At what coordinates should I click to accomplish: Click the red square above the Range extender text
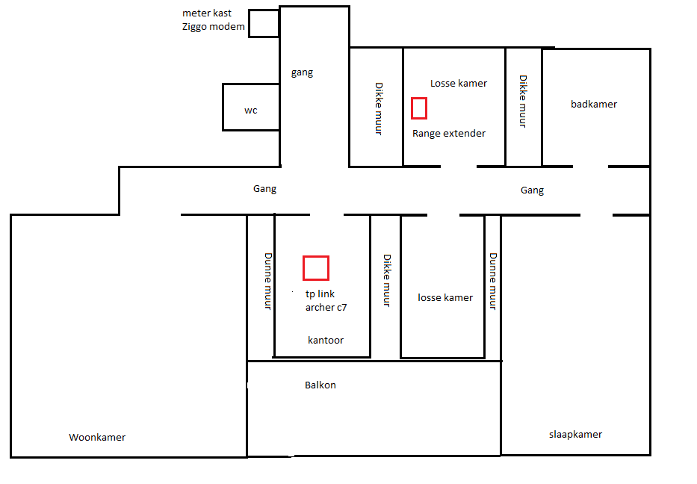click(419, 99)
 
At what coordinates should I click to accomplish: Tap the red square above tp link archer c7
click(316, 256)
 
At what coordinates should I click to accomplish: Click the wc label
click(251, 111)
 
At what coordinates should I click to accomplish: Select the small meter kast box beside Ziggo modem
click(264, 10)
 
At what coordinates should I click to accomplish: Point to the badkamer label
click(594, 104)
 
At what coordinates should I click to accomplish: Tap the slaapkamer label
click(576, 434)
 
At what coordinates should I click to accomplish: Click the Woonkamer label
click(97, 438)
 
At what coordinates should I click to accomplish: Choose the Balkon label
click(320, 385)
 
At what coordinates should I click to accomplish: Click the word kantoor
click(326, 340)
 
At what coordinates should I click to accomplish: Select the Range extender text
click(449, 134)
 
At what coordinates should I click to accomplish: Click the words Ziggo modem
click(214, 27)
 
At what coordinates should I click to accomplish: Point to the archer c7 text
click(326, 307)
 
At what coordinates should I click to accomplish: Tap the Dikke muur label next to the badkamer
click(523, 102)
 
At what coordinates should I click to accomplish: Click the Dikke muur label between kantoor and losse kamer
click(387, 280)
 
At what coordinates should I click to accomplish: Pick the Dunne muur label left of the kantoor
click(268, 282)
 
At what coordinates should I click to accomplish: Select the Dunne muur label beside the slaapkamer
click(493, 282)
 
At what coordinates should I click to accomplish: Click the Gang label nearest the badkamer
click(532, 190)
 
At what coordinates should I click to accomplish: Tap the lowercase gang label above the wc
click(303, 72)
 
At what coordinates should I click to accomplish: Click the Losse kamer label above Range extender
click(459, 83)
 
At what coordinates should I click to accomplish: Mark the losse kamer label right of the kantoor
click(445, 297)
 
